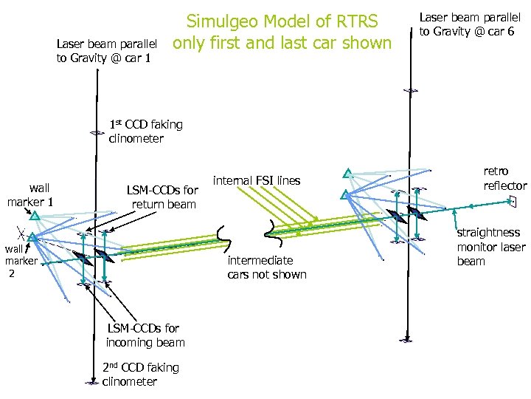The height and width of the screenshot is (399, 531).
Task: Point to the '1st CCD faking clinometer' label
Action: click(x=145, y=131)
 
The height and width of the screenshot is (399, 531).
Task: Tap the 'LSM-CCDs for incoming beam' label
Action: click(x=145, y=335)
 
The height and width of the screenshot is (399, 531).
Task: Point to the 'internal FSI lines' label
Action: click(x=256, y=180)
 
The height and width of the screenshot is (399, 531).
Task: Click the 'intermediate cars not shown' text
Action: click(x=266, y=267)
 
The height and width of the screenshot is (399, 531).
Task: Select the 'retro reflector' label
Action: click(x=504, y=178)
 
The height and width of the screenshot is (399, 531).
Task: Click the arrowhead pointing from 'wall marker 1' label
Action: click(x=34, y=216)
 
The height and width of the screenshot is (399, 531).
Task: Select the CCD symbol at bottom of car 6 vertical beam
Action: click(x=406, y=340)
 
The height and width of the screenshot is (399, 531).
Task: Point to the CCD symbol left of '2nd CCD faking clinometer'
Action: click(x=91, y=382)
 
